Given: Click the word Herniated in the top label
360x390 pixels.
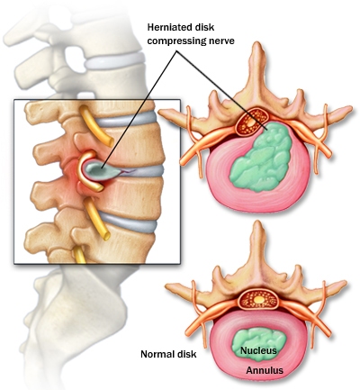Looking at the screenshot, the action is [x=166, y=27].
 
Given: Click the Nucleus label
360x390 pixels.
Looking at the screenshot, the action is [x=258, y=350].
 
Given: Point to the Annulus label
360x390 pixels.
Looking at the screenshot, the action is [x=265, y=370].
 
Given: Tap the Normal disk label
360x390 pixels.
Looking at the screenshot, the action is [x=168, y=354].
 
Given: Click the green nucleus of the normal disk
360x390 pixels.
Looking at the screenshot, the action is [x=258, y=344].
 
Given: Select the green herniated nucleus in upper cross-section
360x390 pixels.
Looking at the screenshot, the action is [x=262, y=156].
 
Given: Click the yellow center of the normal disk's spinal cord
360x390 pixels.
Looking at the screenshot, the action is [x=259, y=299].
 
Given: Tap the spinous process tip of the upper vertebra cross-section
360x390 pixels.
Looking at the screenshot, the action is [x=256, y=44].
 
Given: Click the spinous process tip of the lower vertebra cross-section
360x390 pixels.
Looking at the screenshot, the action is [x=256, y=222].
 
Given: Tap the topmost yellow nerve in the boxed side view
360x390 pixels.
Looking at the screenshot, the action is [x=95, y=125].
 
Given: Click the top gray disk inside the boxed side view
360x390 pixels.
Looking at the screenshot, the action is [x=126, y=120].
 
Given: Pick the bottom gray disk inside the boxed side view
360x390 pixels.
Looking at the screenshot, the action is [x=129, y=222].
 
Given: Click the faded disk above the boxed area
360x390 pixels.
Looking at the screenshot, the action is [x=114, y=61].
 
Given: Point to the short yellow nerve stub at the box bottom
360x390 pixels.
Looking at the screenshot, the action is [x=79, y=255].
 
